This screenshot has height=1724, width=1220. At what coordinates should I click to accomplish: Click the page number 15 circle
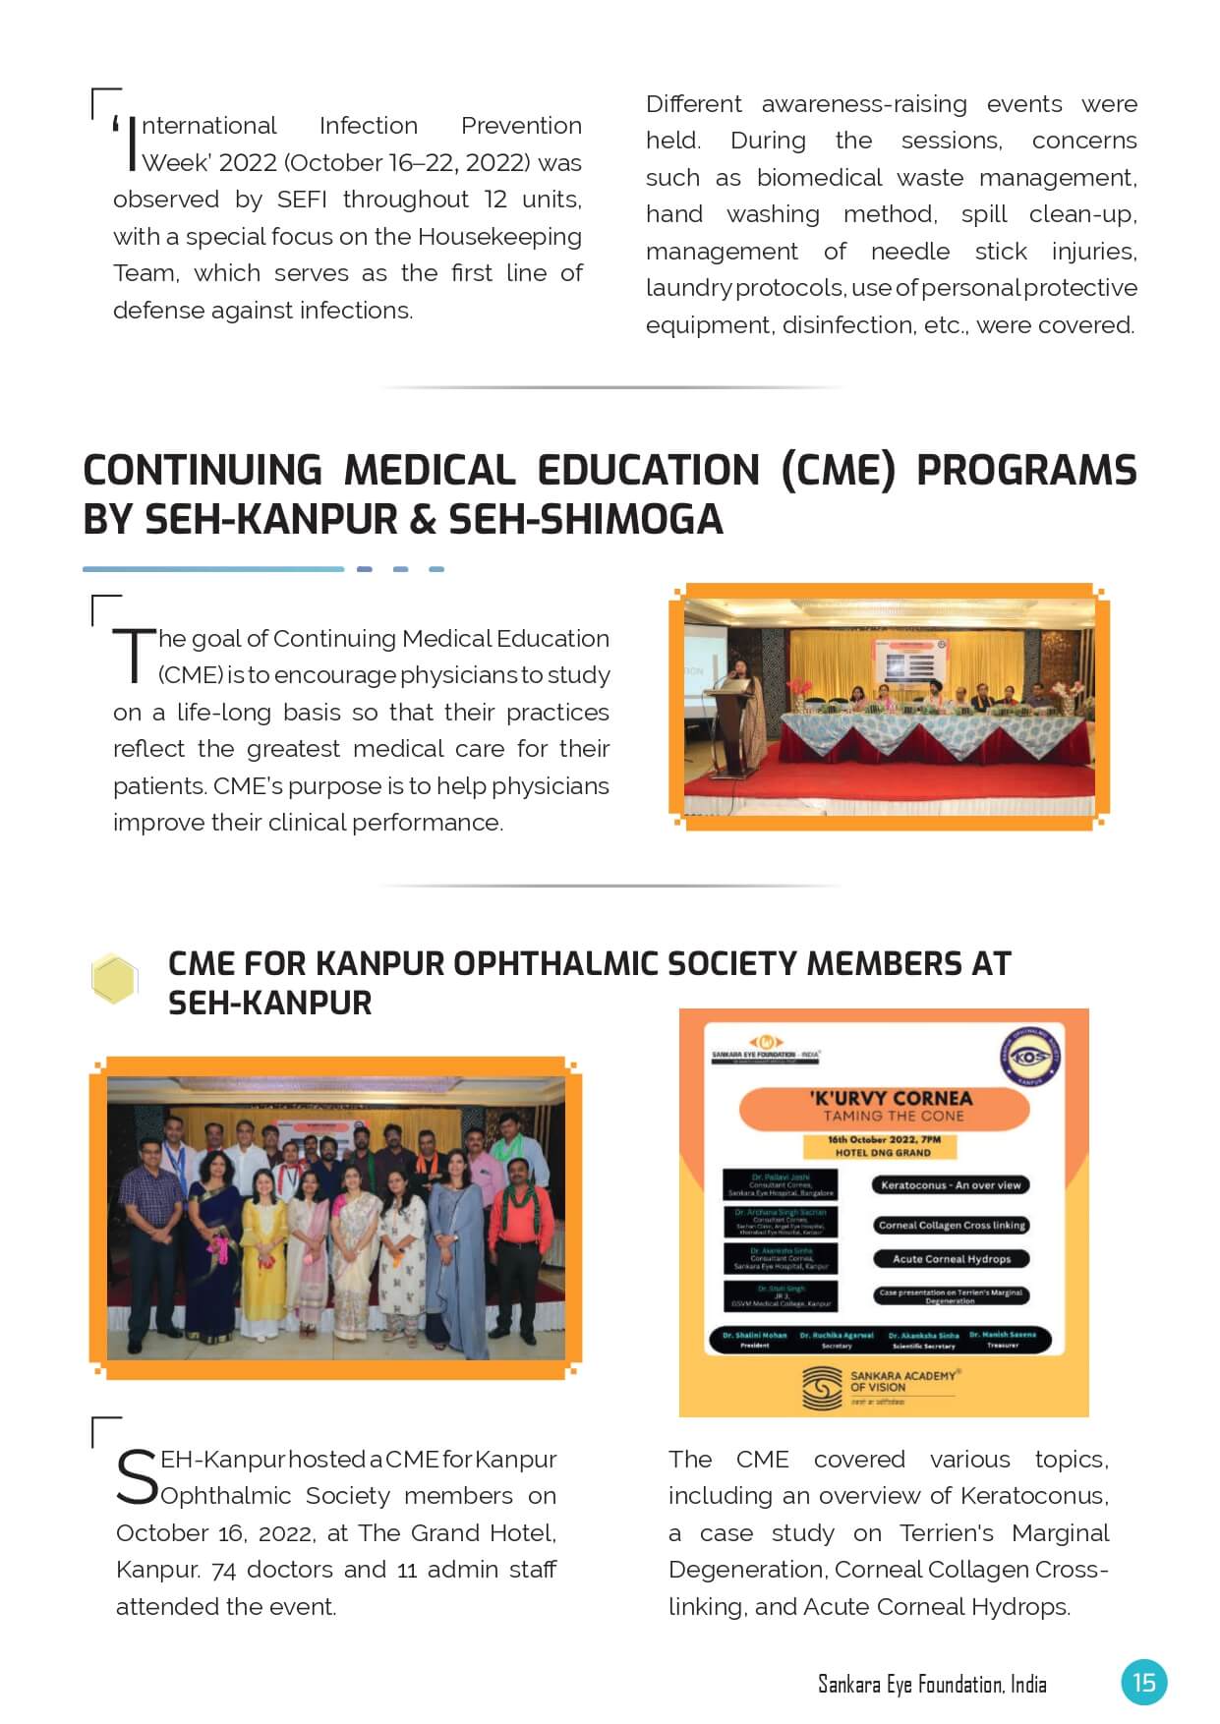pos(1143,1682)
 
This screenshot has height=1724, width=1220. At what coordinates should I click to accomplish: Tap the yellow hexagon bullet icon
pos(113,979)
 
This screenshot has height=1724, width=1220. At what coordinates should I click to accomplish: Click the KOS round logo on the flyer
pos(1028,1057)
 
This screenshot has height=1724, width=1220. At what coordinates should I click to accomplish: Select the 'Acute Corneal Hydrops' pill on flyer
pos(951,1259)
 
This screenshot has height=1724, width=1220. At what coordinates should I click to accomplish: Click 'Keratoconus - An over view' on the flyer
pos(951,1185)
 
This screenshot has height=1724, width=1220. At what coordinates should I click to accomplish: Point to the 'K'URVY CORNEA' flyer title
pos(891,1098)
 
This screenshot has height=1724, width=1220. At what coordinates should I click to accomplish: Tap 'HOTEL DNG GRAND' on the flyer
pos(883,1152)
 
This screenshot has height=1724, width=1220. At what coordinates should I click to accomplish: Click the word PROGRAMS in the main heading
pos(1025,470)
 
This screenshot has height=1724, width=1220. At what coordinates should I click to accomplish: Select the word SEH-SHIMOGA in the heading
pos(585,519)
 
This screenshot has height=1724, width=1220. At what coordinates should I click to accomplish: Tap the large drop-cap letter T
pos(134,656)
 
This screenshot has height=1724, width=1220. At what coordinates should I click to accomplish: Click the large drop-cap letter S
pos(137,1476)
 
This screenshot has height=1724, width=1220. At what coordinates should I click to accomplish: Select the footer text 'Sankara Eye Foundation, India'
pos(932,1685)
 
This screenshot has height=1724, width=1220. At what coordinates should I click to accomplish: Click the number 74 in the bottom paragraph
pos(223,1571)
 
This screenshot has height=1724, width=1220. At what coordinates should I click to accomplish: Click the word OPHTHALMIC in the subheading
pos(554,964)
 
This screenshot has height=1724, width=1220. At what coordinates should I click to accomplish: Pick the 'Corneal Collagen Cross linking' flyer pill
pos(951,1225)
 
